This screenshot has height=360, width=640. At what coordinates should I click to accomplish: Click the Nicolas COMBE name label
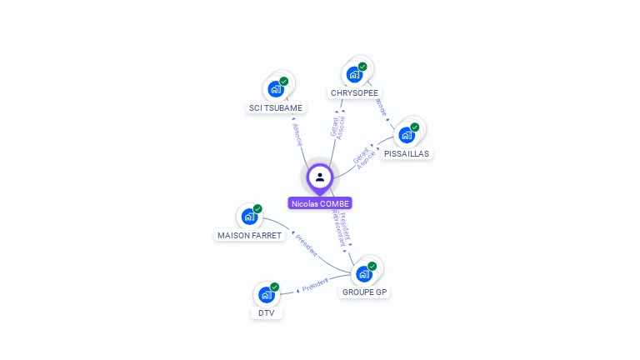[x=320, y=203]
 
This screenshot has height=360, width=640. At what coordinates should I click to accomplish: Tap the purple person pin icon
[x=320, y=177]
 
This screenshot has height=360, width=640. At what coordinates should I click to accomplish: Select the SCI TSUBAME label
[x=276, y=107]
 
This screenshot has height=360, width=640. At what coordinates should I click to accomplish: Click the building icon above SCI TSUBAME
[x=275, y=89]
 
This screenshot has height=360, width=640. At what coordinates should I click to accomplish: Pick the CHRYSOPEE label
[x=354, y=92]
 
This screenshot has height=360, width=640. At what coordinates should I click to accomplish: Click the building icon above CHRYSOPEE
[x=354, y=74]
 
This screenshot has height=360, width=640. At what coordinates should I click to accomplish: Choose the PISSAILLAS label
[x=407, y=153]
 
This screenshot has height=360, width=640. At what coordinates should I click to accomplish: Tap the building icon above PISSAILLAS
[x=407, y=135]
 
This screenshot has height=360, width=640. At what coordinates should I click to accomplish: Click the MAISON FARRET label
[x=250, y=235]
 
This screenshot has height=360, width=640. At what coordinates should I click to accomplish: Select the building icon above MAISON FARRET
[x=249, y=217]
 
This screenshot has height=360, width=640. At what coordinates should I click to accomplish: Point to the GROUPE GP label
[x=365, y=292]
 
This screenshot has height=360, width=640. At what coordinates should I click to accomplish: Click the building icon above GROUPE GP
[x=364, y=273]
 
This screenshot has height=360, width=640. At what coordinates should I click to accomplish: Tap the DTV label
[x=266, y=313]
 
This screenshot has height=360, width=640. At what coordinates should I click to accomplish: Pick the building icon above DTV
[x=266, y=295]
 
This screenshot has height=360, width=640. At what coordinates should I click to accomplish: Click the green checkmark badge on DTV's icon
[x=274, y=287]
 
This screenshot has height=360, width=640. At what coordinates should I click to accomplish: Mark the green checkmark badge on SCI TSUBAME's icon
[x=284, y=82]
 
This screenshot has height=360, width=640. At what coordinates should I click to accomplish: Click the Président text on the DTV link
[x=315, y=285]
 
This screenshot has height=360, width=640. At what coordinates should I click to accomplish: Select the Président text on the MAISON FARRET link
[x=307, y=247]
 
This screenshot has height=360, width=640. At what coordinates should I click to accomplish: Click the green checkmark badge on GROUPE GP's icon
[x=372, y=266]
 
